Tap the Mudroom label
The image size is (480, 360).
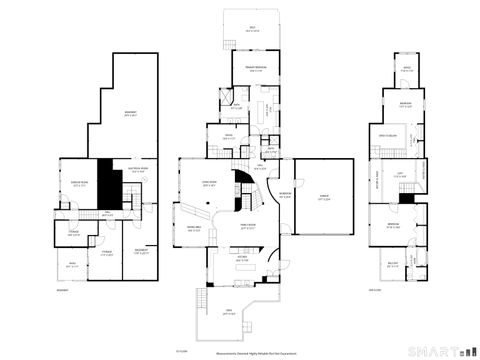285,195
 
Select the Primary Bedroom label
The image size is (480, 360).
255,67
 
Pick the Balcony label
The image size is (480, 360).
391,265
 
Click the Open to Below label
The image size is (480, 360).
389,135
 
